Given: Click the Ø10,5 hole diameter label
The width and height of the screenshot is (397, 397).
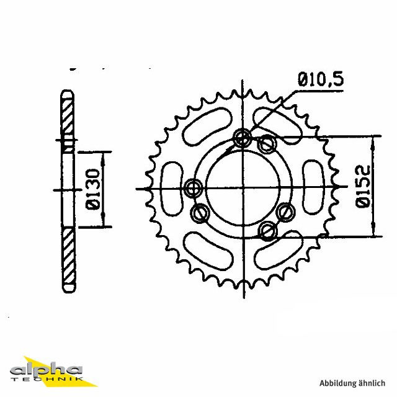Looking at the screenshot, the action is pos(321,79).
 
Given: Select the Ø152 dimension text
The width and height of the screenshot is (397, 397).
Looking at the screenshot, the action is pos(363,186).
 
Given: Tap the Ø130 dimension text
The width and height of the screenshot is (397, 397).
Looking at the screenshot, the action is pos(93,189).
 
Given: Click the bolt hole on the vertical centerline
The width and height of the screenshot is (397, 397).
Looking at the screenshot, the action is pos(243,138).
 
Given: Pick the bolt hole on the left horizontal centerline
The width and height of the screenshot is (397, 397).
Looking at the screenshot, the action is pos(194,187).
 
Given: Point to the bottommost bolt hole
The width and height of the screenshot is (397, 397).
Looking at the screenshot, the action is pos(268,231).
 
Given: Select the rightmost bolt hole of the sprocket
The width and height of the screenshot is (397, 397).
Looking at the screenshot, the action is pos(286,212).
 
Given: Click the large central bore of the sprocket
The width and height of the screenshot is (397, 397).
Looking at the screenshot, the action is pos(243,187).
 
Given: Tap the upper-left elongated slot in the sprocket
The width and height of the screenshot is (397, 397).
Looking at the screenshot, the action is pos(207,127).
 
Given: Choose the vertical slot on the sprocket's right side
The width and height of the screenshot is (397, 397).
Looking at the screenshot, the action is pos(314,187).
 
